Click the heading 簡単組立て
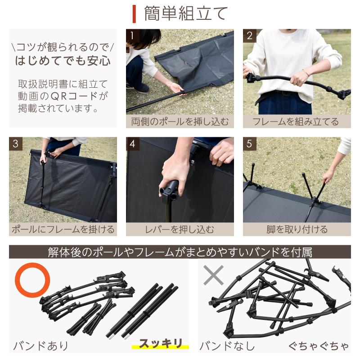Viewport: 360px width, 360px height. pos(186,13)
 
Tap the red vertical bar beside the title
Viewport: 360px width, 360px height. pos(134,13)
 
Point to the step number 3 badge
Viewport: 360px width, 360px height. pos(15,144)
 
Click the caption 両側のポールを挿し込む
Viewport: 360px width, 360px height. pos(180,121)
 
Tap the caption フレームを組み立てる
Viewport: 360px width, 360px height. pos(297,121)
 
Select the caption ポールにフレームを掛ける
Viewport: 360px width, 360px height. pos(63,229)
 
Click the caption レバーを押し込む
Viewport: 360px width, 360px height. pos(180,229)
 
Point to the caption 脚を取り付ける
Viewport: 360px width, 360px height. pos(297,229)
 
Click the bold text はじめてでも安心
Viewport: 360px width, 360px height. pos(63,61)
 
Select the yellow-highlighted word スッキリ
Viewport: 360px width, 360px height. pos(160,344)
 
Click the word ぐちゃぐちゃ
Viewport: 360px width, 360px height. pos(319,346)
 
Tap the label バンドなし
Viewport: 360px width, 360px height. pos(227,346)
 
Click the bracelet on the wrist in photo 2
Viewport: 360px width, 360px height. pos(307,72)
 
